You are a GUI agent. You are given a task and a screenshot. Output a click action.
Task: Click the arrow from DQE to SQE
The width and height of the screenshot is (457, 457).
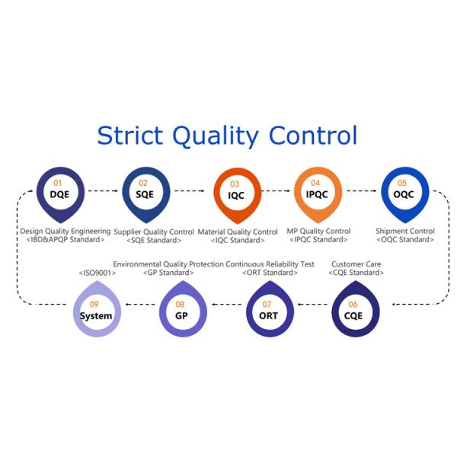click(103, 190)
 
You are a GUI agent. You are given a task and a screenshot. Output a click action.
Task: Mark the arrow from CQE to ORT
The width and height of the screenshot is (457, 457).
click(311, 305)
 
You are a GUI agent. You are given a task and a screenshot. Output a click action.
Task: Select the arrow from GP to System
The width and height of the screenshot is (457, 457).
click(139, 305)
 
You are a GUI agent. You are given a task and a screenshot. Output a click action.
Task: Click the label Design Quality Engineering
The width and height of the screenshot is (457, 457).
click(66, 231)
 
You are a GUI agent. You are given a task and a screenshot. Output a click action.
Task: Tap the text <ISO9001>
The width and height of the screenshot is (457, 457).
click(97, 273)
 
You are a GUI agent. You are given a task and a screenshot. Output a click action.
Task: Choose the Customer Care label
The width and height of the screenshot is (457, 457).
click(356, 264)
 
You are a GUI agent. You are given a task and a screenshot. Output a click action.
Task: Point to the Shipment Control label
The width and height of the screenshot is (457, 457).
click(405, 231)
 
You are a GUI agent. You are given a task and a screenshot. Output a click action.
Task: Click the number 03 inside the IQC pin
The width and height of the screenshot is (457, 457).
click(235, 184)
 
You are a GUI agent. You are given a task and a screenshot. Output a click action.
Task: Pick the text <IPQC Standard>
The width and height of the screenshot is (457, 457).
click(318, 240)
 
